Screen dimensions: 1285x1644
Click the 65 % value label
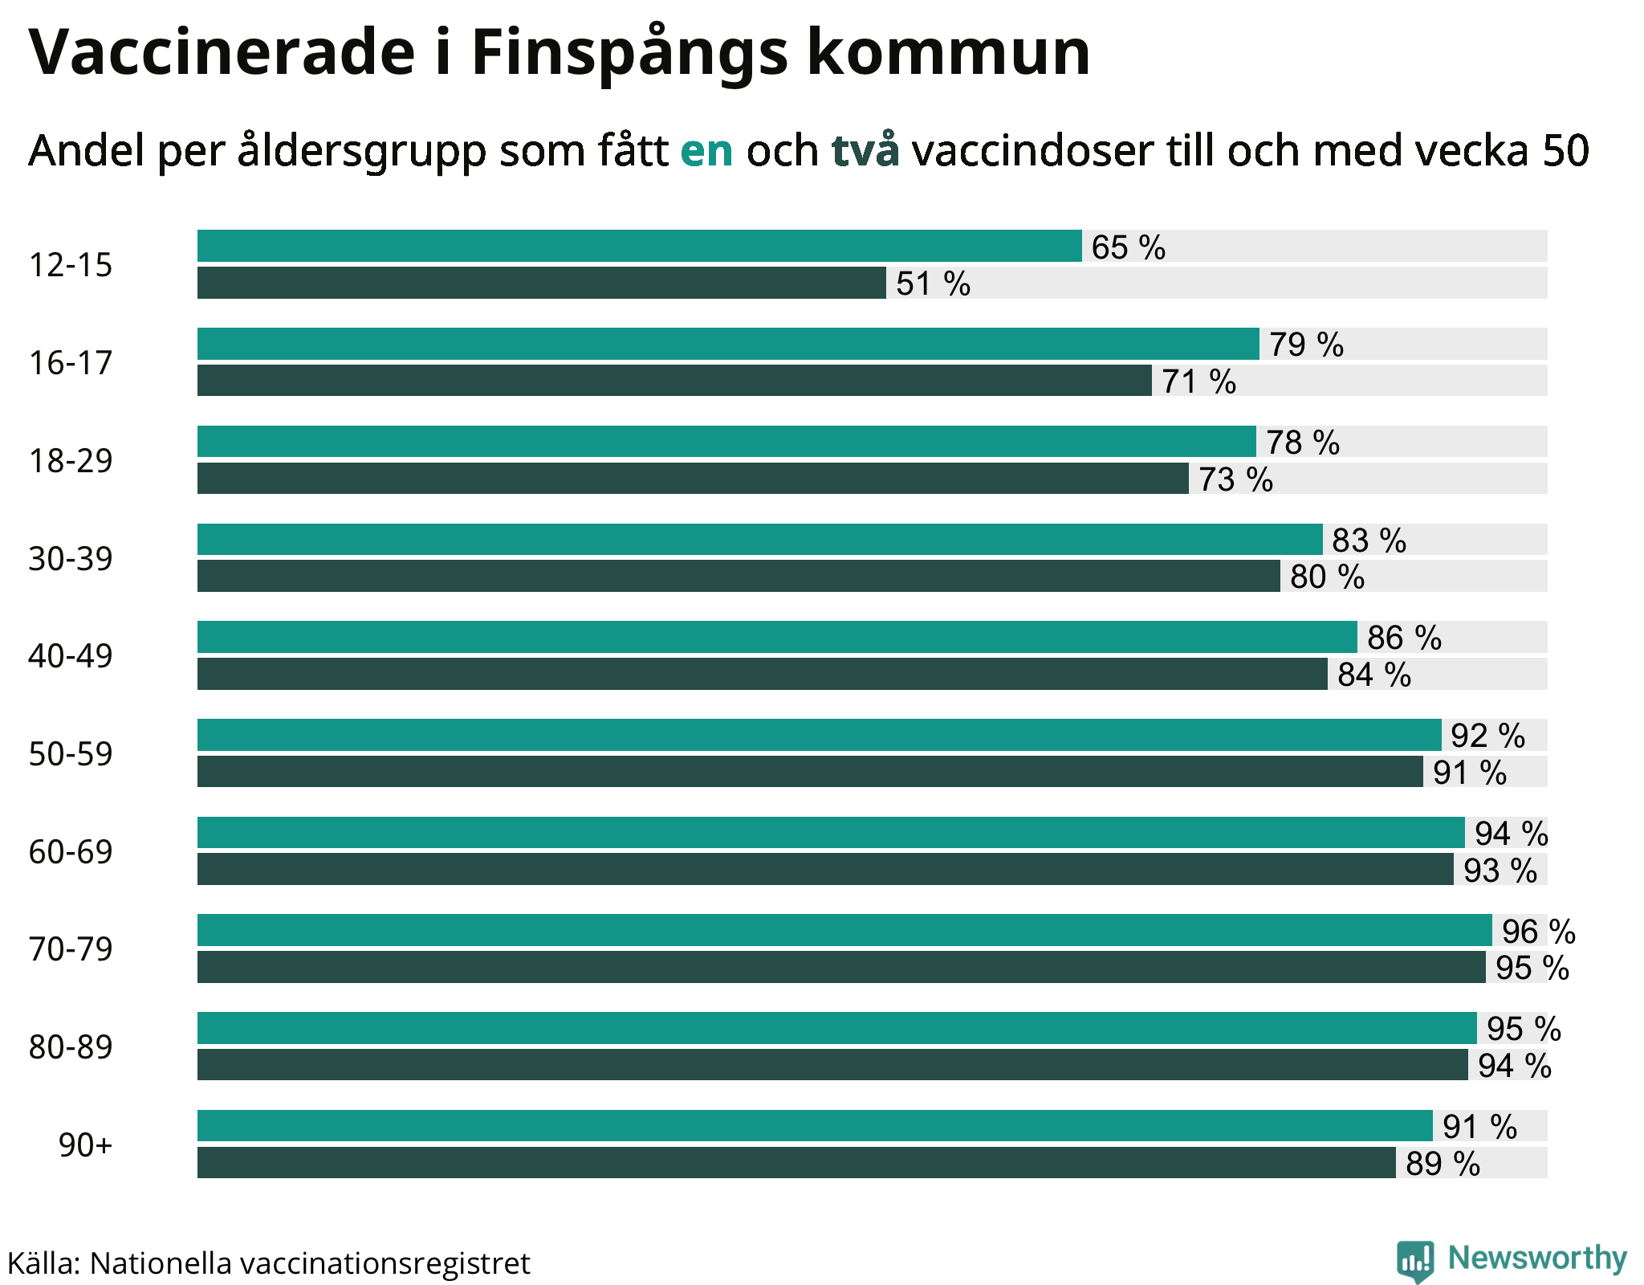tap(1128, 247)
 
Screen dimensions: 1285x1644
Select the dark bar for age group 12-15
tap(541, 284)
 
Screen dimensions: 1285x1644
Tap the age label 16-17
tap(71, 363)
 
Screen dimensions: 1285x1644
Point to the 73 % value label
tap(1235, 479)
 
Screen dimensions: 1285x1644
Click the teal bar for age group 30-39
tap(759, 540)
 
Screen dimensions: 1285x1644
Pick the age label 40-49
tap(71, 656)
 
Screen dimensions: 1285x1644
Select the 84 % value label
tap(1373, 675)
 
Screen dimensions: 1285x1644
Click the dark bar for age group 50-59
tap(809, 772)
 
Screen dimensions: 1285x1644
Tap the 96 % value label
tap(1538, 932)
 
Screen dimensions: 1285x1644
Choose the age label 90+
tap(85, 1144)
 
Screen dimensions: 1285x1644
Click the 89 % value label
tap(1443, 1164)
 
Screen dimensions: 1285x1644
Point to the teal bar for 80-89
tap(836, 1028)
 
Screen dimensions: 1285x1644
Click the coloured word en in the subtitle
tap(706, 151)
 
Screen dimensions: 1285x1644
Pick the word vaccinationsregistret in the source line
tap(385, 1264)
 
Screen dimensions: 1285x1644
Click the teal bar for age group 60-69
tap(830, 833)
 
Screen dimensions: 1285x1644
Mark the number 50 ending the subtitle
tap(1565, 151)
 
